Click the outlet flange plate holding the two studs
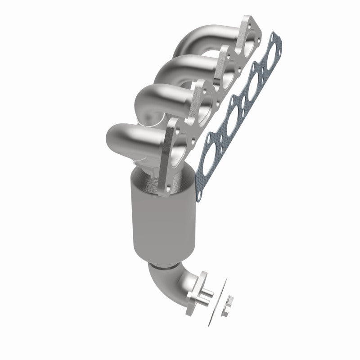193,291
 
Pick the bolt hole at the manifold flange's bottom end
169,191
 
